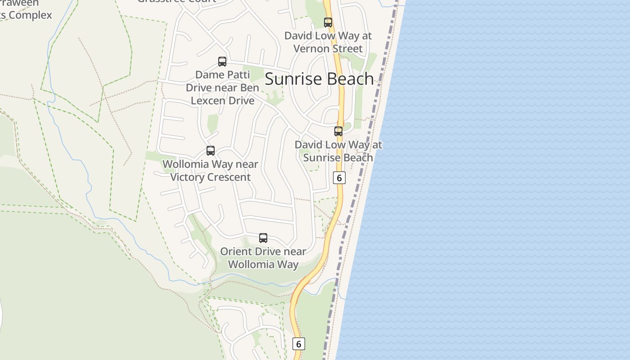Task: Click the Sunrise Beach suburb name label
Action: tap(319, 79)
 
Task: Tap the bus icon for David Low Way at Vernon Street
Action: tap(328, 22)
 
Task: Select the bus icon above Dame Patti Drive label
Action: tap(222, 62)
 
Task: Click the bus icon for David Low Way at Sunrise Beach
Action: tap(338, 131)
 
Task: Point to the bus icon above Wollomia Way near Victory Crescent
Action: tap(211, 151)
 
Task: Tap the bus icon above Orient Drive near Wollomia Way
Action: tap(263, 238)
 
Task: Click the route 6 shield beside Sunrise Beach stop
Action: tap(339, 178)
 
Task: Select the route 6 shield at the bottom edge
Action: tap(298, 344)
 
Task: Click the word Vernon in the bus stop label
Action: tap(312, 49)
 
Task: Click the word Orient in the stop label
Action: tap(236, 251)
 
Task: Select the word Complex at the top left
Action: tap(31, 15)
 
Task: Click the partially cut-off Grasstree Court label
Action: tap(176, 1)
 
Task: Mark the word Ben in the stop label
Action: tap(249, 87)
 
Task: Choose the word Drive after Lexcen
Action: tap(241, 100)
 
